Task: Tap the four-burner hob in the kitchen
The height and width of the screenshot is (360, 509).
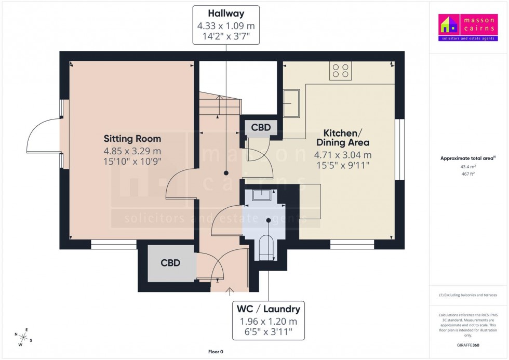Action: coord(340,71)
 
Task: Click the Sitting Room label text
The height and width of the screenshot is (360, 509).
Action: coord(132,139)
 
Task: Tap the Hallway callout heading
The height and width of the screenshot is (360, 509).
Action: coord(226,14)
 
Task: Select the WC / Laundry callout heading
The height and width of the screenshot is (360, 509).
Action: coord(268,309)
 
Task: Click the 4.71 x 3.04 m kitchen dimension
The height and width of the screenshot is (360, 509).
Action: coord(343,155)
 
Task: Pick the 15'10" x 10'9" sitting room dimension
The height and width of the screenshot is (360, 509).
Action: coord(132,162)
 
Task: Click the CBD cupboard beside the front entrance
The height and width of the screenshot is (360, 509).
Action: coord(170,263)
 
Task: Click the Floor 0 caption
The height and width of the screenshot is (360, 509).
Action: coord(215,352)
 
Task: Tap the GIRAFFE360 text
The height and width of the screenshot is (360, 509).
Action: coord(468,345)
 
